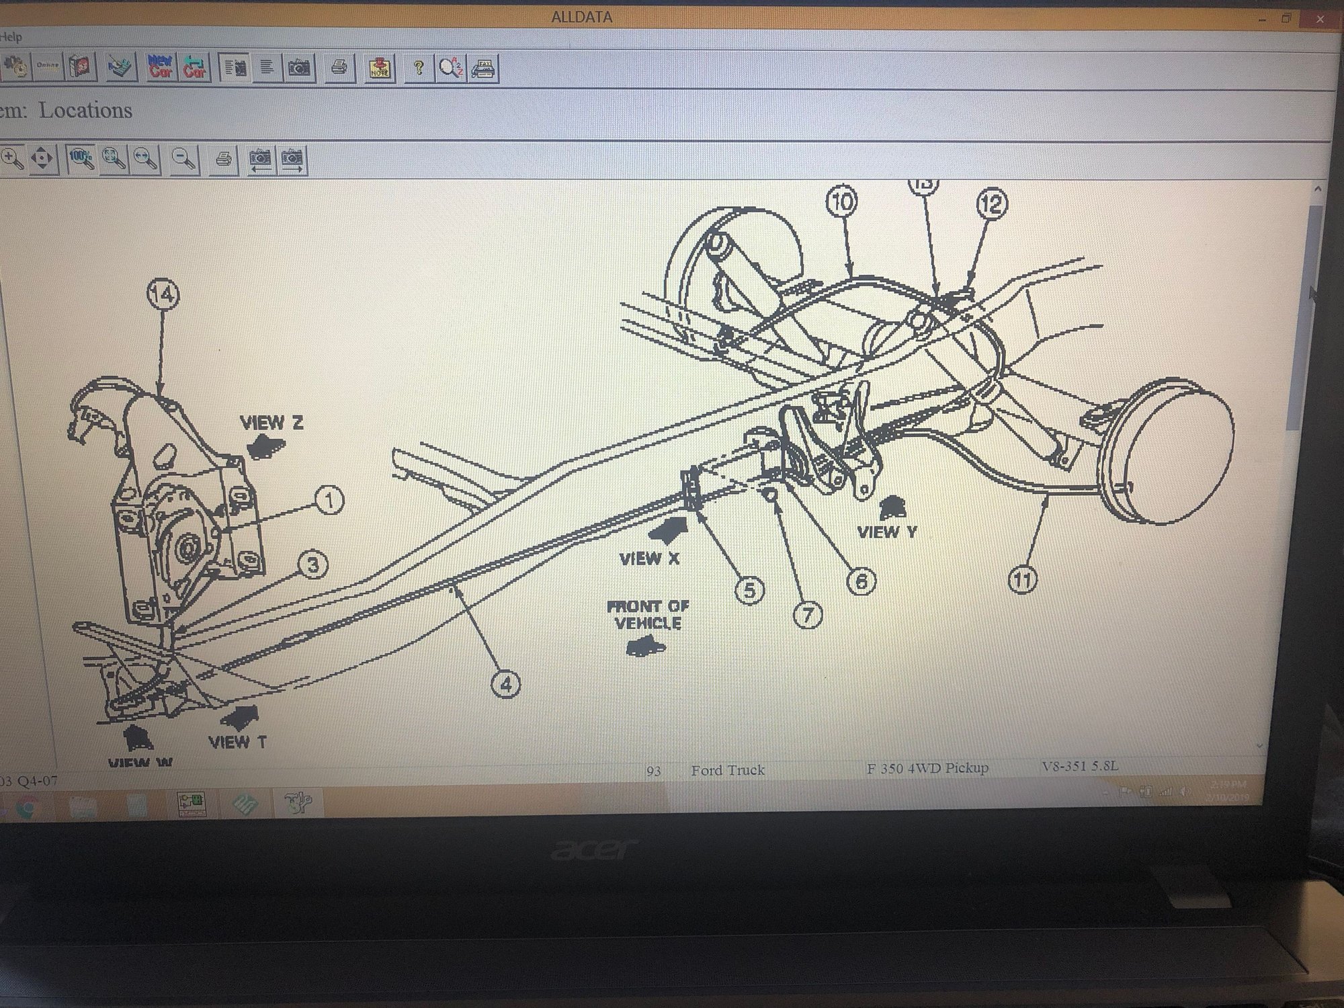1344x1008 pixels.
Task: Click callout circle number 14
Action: click(x=163, y=294)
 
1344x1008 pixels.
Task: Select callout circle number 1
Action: click(x=329, y=501)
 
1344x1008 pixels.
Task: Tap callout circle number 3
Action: click(x=312, y=564)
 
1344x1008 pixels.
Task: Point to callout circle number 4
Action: click(x=505, y=684)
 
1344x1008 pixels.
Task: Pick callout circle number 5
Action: click(x=749, y=591)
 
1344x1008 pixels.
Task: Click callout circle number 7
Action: click(x=808, y=614)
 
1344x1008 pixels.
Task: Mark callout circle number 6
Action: click(x=862, y=581)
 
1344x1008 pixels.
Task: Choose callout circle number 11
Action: click(x=1022, y=579)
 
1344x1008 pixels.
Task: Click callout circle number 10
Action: click(x=842, y=202)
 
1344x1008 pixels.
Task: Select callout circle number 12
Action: click(x=992, y=204)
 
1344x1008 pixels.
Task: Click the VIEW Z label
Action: click(x=271, y=423)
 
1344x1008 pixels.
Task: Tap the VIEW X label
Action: click(x=649, y=558)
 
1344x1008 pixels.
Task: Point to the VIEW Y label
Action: click(x=887, y=532)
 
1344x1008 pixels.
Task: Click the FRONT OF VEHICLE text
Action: click(x=648, y=614)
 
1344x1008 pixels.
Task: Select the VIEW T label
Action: click(x=237, y=742)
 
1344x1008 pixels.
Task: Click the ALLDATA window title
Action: click(x=581, y=17)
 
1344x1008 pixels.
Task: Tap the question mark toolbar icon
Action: click(x=418, y=68)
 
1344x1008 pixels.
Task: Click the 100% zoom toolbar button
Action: click(x=81, y=159)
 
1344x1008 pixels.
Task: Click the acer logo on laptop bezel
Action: click(x=594, y=849)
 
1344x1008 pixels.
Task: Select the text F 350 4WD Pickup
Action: click(x=927, y=768)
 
